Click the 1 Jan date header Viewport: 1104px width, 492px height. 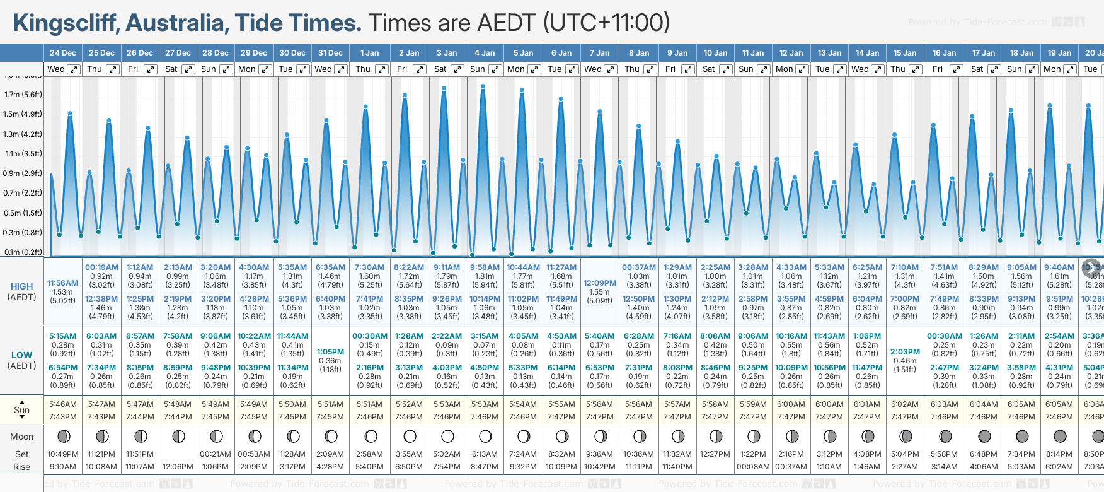(369, 53)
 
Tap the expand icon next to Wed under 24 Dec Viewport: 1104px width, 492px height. (74, 69)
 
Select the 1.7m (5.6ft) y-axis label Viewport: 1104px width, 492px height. (23, 95)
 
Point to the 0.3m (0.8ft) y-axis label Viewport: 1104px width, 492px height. (23, 232)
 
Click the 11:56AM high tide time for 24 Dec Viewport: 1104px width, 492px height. (63, 283)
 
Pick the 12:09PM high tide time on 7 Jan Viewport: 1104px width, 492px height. (599, 283)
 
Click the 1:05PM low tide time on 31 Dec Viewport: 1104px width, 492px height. (330, 352)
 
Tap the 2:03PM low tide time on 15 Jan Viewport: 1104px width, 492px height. (905, 352)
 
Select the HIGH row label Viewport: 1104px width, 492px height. (22, 286)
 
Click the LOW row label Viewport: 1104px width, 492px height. (22, 355)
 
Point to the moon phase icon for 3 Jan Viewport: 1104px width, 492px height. (447, 436)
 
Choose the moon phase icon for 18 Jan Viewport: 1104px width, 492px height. (1022, 436)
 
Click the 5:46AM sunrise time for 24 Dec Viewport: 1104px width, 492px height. (63, 404)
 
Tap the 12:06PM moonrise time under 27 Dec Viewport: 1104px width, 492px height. (178, 467)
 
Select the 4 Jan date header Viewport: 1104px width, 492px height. (485, 53)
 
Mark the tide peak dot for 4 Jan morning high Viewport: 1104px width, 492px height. (483, 86)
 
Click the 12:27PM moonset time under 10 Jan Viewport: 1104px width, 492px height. (715, 454)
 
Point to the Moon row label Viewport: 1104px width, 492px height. (22, 436)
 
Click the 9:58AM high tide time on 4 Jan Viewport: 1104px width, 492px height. (485, 267)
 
